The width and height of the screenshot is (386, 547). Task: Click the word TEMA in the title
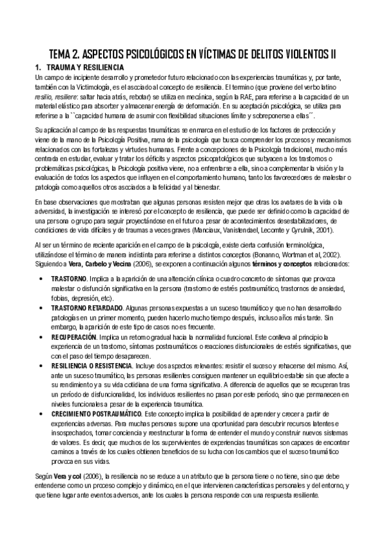(62, 53)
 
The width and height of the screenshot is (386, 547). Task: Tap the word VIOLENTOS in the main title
(297, 53)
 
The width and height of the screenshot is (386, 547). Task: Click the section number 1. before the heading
(38, 68)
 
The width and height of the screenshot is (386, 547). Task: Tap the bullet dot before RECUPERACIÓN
(43, 337)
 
